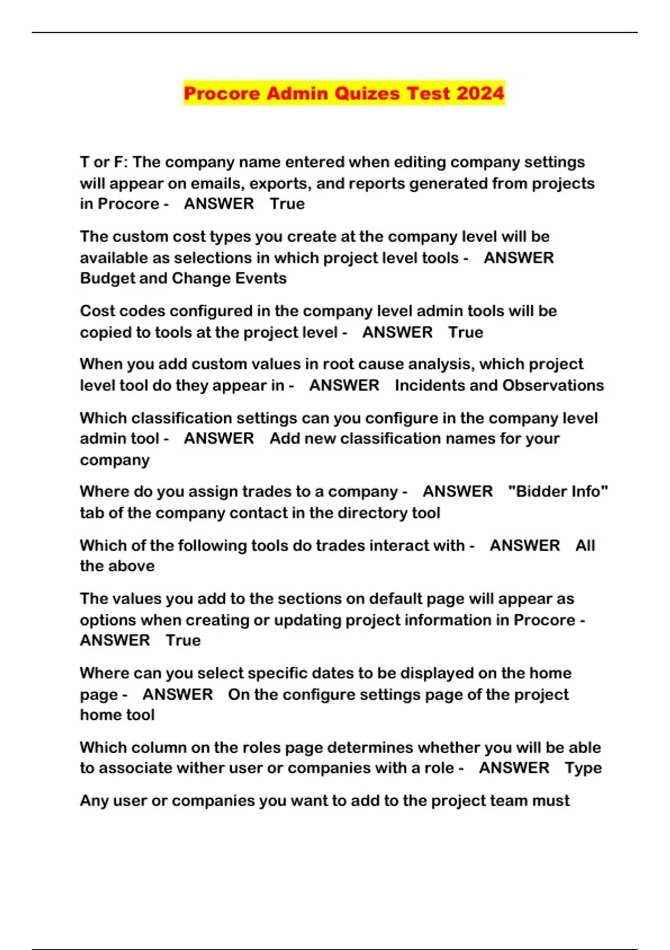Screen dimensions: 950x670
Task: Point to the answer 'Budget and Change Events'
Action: click(x=183, y=278)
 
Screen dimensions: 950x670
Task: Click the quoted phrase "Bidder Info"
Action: click(x=558, y=492)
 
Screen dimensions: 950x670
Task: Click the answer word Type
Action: click(x=583, y=768)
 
